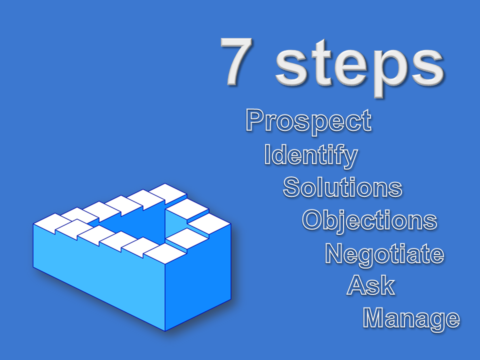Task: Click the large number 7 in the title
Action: (x=237, y=60)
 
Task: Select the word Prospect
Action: (x=308, y=121)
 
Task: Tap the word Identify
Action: (x=310, y=155)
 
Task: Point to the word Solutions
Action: (x=342, y=187)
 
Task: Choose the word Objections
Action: (x=369, y=220)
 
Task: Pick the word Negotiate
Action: (x=384, y=254)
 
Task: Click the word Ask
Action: (x=370, y=285)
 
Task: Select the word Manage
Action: (x=411, y=319)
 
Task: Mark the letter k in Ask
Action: (x=387, y=285)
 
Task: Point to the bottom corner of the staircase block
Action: (x=165, y=331)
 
